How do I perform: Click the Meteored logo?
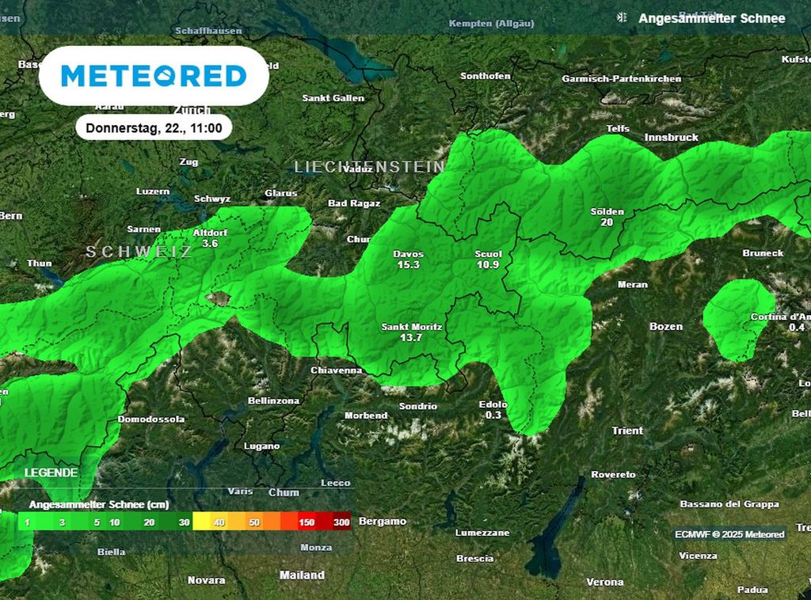(154, 76)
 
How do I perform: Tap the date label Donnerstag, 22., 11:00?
(154, 127)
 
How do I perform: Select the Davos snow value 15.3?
(408, 265)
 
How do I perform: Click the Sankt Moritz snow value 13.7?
(411, 338)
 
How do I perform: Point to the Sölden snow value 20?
(607, 222)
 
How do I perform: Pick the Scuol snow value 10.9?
(488, 265)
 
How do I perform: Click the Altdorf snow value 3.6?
(210, 244)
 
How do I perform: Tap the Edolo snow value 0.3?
(493, 416)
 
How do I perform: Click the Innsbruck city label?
(672, 138)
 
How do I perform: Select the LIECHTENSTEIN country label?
(369, 167)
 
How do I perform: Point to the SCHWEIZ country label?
(139, 252)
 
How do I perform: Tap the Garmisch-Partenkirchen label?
(622, 79)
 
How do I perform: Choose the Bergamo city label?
(383, 522)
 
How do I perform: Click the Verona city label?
(604, 582)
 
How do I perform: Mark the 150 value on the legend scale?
(307, 523)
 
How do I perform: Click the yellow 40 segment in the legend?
(219, 523)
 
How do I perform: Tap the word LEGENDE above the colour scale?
(51, 473)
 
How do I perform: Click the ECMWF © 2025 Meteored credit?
(729, 534)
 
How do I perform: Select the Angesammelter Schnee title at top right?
(711, 18)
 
